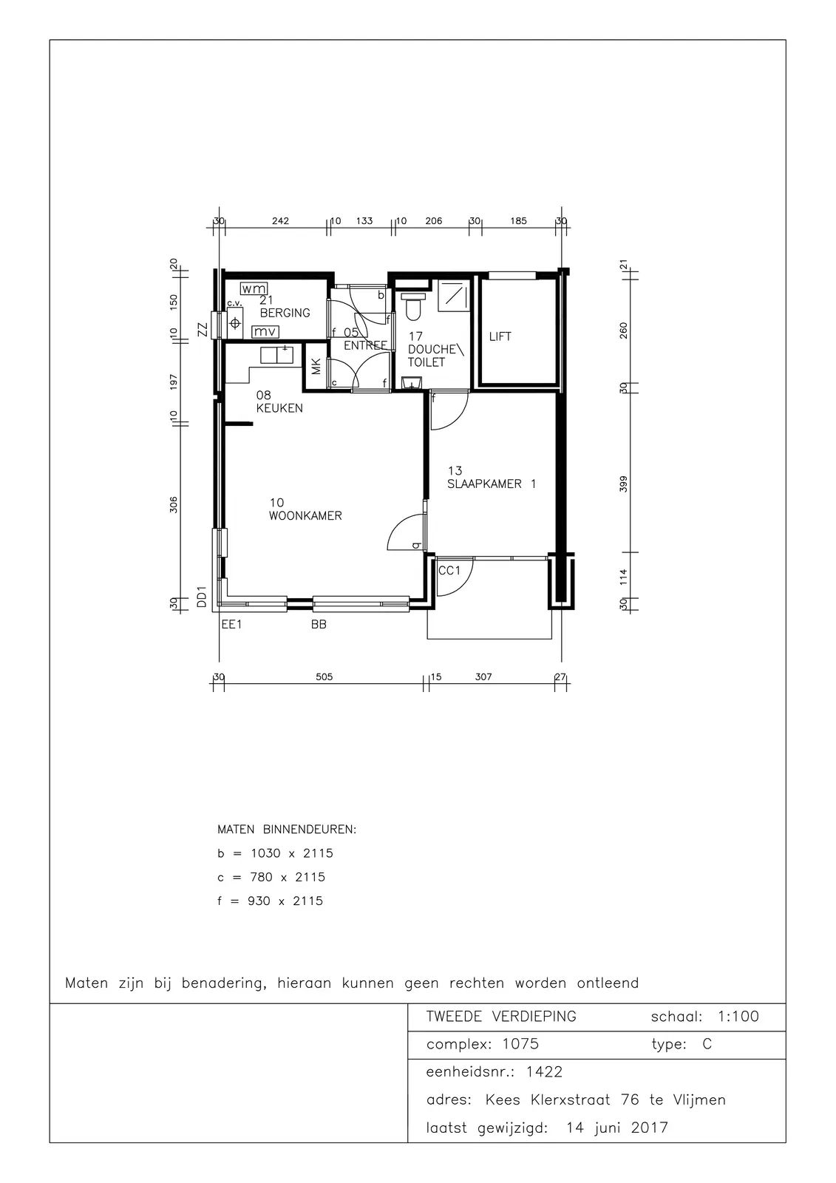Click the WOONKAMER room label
pos(305,516)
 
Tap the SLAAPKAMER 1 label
pos(492,484)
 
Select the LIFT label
pos(500,336)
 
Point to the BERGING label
pos(285,313)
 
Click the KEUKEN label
pos(279,408)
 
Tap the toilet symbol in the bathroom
pos(412,308)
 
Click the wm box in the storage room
pos(254,288)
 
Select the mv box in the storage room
pos(265,332)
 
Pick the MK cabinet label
pos(316,367)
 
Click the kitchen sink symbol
pos(277,354)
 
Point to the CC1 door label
pos(449,570)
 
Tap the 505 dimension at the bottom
pos(324,677)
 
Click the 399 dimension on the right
pos(624,484)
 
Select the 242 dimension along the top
pos(280,221)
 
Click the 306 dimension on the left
pos(174,505)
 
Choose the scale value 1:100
pos(738,1016)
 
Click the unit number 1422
pos(545,1072)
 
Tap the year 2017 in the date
pos(650,1128)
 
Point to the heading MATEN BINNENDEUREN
pos(287,830)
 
